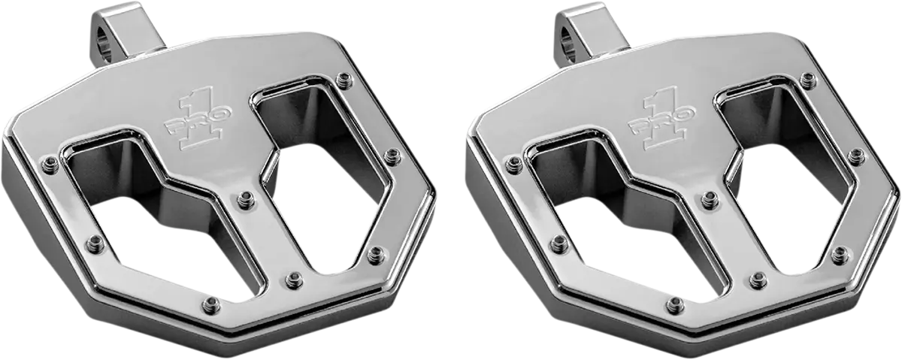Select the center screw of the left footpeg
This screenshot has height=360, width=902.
pyautogui.click(x=245, y=199)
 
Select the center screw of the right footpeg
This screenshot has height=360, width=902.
pyautogui.click(x=709, y=199)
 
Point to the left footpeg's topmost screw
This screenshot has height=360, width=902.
pyautogui.click(x=344, y=80)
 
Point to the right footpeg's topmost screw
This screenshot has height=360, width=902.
pyautogui.click(x=807, y=80)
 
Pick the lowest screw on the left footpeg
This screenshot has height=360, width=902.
pyautogui.click(x=213, y=304)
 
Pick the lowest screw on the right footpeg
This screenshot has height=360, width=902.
pyautogui.click(x=676, y=304)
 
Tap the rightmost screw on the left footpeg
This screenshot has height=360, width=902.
pyautogui.click(x=392, y=156)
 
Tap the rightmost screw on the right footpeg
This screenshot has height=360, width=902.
pyautogui.click(x=855, y=156)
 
